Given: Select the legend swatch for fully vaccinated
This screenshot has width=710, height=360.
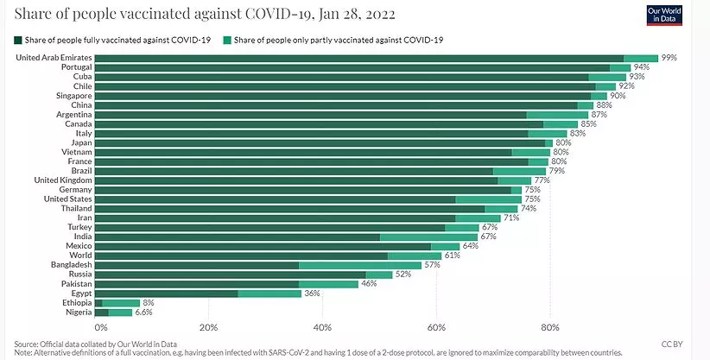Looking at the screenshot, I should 19,40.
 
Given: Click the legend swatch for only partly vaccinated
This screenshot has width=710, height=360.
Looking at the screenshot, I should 226,40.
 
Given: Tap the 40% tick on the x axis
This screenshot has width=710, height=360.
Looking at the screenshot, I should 322,327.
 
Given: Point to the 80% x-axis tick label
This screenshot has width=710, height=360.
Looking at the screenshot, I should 550,327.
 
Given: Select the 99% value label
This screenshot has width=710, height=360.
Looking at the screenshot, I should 669,57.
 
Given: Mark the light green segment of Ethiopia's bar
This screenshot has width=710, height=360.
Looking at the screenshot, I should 121,303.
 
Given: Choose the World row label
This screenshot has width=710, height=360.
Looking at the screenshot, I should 80,256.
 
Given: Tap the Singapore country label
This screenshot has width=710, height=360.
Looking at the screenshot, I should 70,95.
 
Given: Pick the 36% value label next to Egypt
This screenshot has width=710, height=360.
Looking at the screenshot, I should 313,294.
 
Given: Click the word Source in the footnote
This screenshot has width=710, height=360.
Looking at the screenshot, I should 29,343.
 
